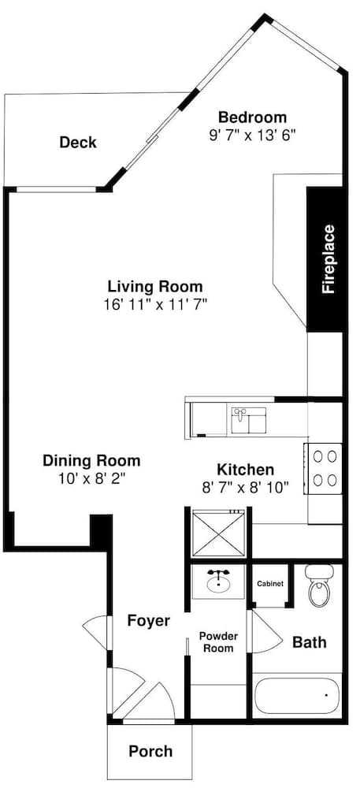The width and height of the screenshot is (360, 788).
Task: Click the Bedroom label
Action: point(253,117)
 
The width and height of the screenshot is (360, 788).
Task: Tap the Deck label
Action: point(78,142)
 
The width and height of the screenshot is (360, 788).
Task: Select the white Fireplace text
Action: point(328,258)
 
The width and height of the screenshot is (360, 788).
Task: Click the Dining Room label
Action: point(91,460)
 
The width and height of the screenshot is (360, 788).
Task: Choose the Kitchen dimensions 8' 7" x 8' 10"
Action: point(246,486)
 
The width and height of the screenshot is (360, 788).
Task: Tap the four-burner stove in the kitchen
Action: point(324,468)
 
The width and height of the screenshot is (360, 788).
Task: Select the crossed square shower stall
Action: point(218,533)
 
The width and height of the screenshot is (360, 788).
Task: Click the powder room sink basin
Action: point(218,583)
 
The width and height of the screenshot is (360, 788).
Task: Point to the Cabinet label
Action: point(270,584)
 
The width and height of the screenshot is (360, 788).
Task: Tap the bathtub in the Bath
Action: point(298,696)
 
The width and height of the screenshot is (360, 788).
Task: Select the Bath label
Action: point(310,641)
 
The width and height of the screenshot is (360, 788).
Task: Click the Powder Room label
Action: point(218,641)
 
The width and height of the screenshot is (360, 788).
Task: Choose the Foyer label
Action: point(148,621)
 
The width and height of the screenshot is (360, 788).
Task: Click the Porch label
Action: point(150,751)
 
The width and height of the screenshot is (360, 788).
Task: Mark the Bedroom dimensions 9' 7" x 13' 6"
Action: point(253,136)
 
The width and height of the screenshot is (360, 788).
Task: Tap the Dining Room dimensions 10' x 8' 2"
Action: point(91,478)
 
